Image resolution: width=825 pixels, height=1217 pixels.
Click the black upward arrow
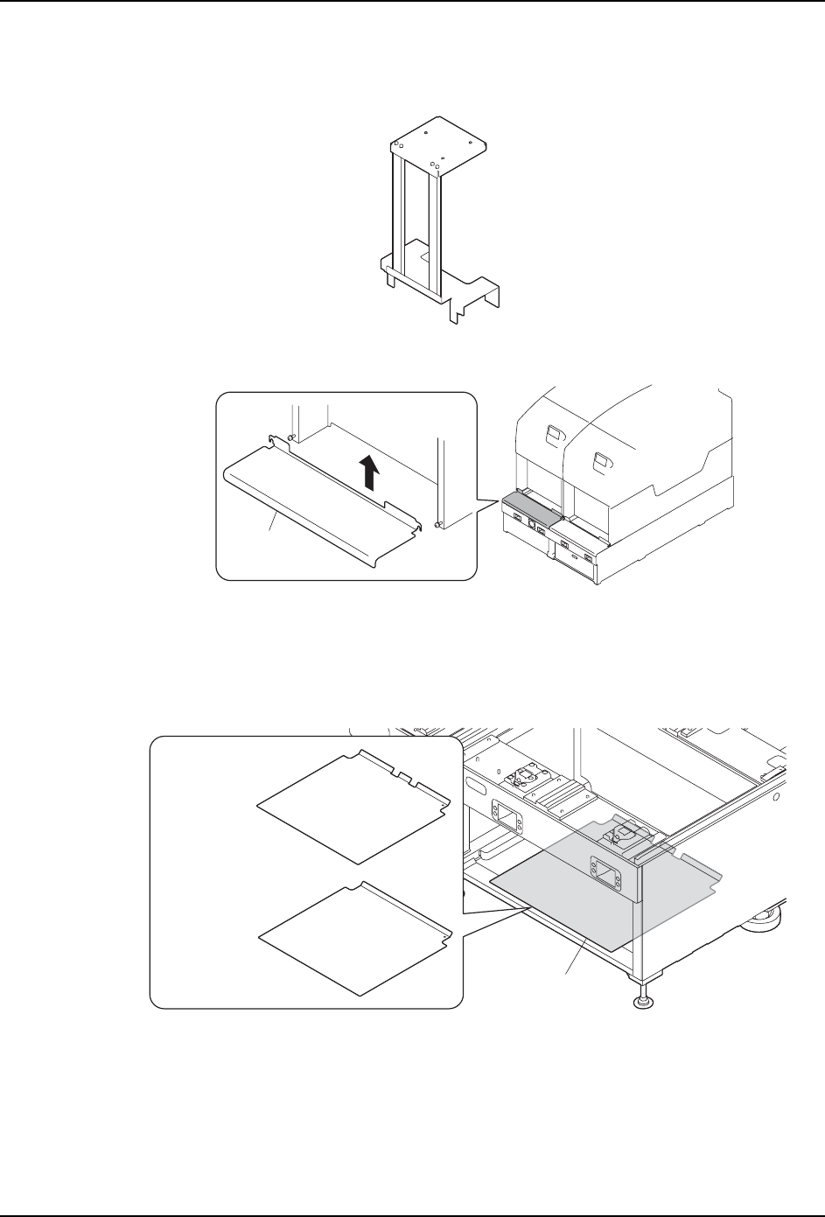(372, 476)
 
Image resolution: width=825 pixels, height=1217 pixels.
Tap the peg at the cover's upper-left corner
(290, 437)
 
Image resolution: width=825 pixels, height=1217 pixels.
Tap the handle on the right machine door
(601, 457)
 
